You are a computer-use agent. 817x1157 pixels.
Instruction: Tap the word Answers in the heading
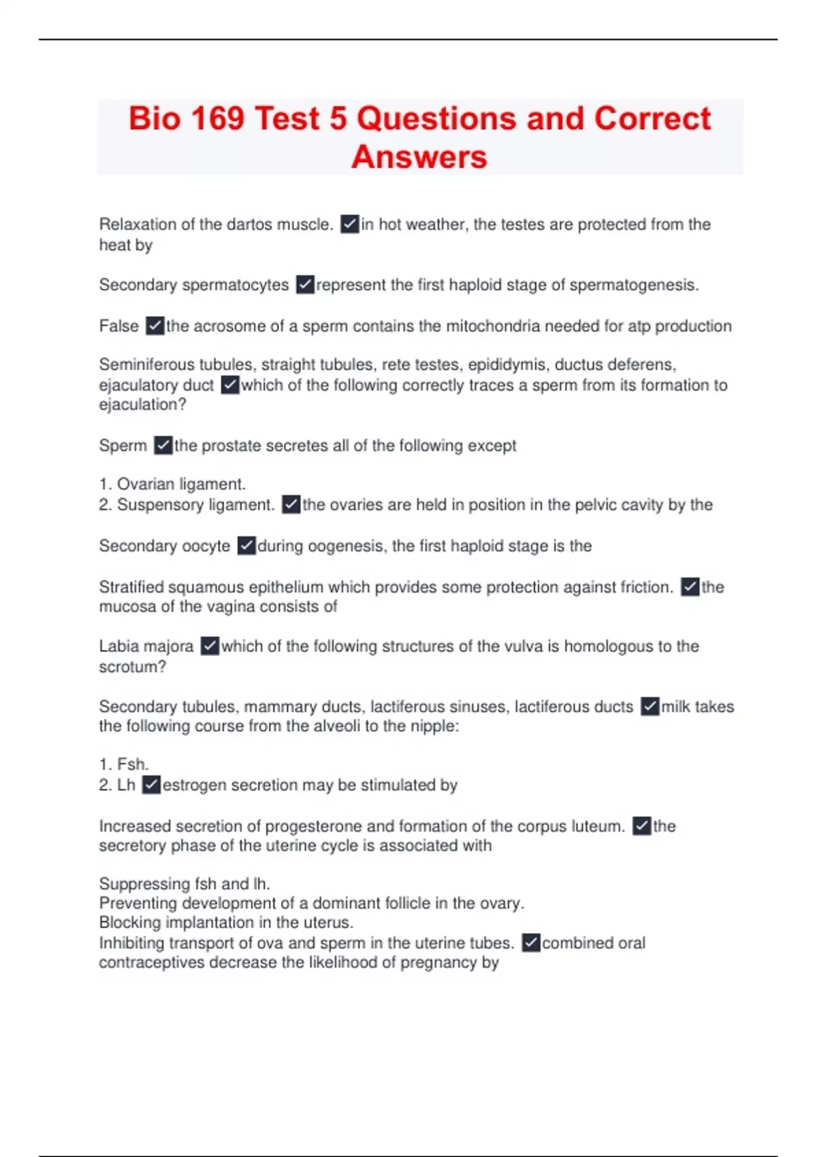(x=419, y=157)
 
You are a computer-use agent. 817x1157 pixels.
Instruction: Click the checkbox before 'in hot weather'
(x=350, y=224)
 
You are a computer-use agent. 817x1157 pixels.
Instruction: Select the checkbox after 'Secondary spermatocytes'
(x=305, y=284)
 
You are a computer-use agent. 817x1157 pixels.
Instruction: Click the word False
(x=118, y=326)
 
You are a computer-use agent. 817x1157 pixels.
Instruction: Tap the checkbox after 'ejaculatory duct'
(x=230, y=385)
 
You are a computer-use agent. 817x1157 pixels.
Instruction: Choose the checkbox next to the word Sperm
(x=163, y=446)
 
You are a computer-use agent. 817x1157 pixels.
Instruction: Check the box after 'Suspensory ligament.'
(x=291, y=505)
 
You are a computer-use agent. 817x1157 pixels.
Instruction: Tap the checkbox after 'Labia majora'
(x=210, y=646)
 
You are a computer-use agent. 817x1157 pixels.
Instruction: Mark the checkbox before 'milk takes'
(x=650, y=706)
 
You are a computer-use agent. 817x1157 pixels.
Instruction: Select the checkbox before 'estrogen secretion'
(x=151, y=785)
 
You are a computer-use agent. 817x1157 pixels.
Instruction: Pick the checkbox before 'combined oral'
(x=531, y=943)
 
